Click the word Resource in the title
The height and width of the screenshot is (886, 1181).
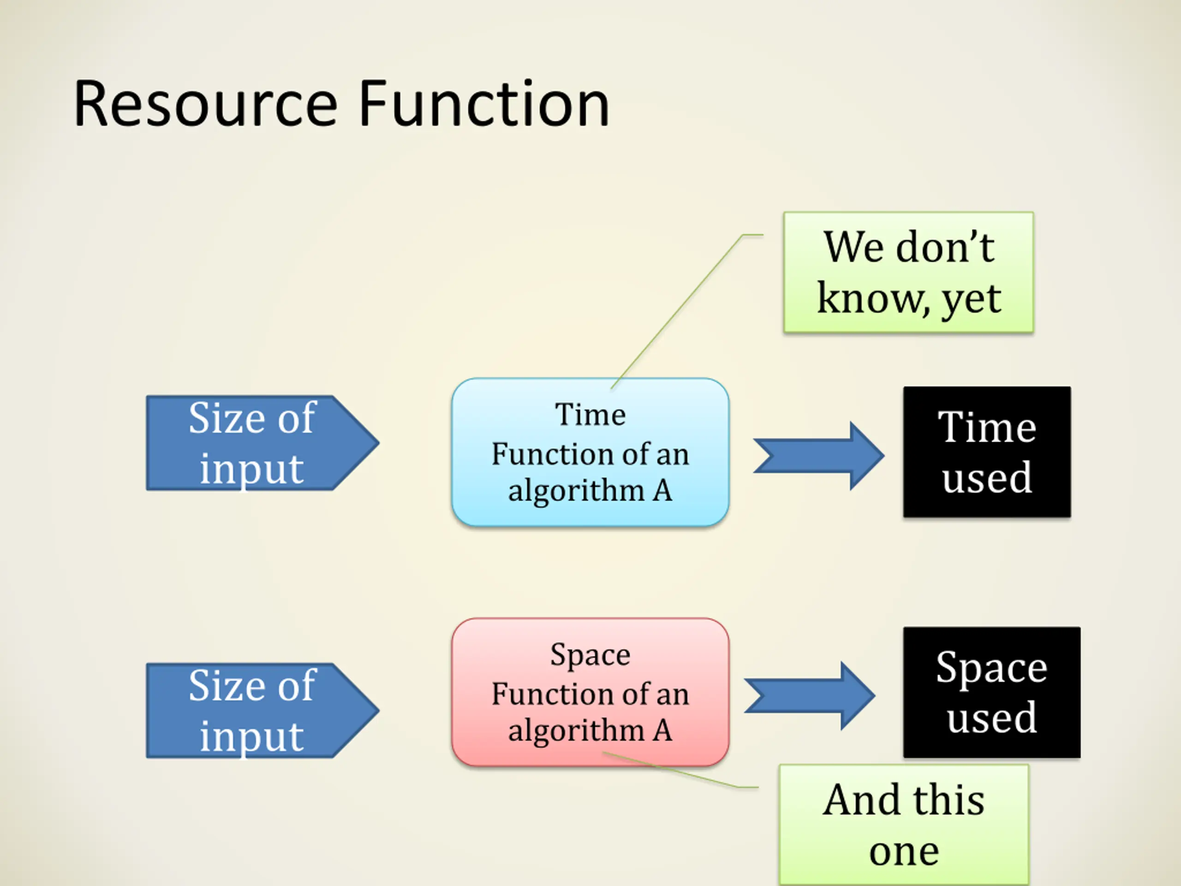coord(206,104)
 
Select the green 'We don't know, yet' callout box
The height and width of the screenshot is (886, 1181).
coord(908,272)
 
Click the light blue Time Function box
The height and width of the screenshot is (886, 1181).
coord(590,452)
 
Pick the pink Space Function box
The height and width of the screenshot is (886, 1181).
coord(590,692)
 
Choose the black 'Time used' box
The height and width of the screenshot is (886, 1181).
coord(987,452)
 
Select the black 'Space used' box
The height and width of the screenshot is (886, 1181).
coord(991,692)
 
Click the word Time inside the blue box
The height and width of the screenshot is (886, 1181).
coord(590,414)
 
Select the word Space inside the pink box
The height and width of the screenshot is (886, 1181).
coord(590,655)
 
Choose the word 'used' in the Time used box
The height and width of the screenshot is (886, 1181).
coord(987,477)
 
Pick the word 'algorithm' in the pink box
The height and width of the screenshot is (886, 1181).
coord(576,730)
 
